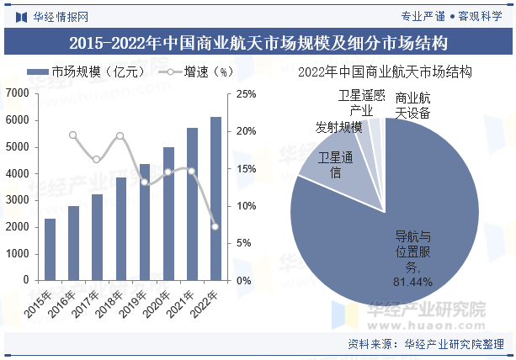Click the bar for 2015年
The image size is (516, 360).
51,250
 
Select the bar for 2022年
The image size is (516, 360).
215,199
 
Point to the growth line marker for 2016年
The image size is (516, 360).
73,135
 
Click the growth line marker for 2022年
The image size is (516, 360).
215,226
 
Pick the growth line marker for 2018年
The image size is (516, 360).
120,135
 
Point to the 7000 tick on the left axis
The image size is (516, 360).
17,93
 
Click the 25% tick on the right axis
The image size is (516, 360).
246,93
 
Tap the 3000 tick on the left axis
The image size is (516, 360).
17,200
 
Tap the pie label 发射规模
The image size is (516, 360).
338,127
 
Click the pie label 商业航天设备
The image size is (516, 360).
412,105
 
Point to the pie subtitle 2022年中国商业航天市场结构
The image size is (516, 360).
386,72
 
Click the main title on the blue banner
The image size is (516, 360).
258,41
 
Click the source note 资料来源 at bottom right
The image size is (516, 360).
425,343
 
